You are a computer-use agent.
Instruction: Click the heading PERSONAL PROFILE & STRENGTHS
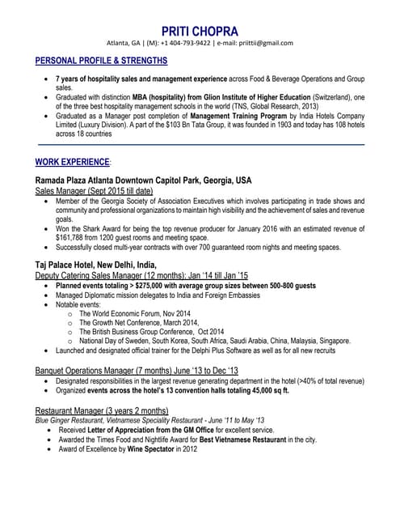pyautogui.click(x=102, y=62)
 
